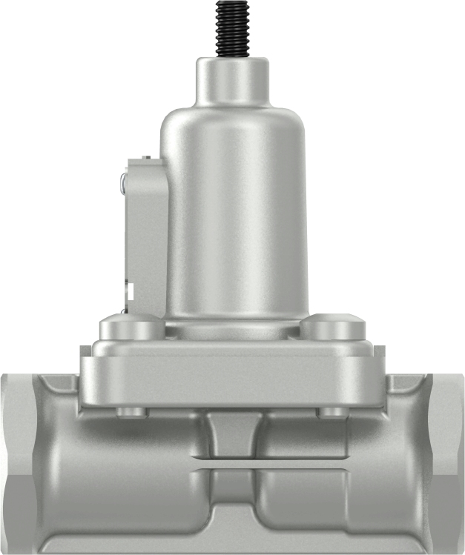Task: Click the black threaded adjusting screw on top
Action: pyautogui.click(x=232, y=27)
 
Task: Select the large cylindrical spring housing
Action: pyautogui.click(x=234, y=222)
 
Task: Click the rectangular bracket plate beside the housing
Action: pyautogui.click(x=145, y=237)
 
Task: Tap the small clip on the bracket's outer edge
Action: pyautogui.click(x=123, y=182)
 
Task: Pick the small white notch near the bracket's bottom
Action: pyautogui.click(x=131, y=293)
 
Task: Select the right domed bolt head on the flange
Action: pyautogui.click(x=333, y=327)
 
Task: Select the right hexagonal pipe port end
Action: pyautogui.click(x=447, y=459)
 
